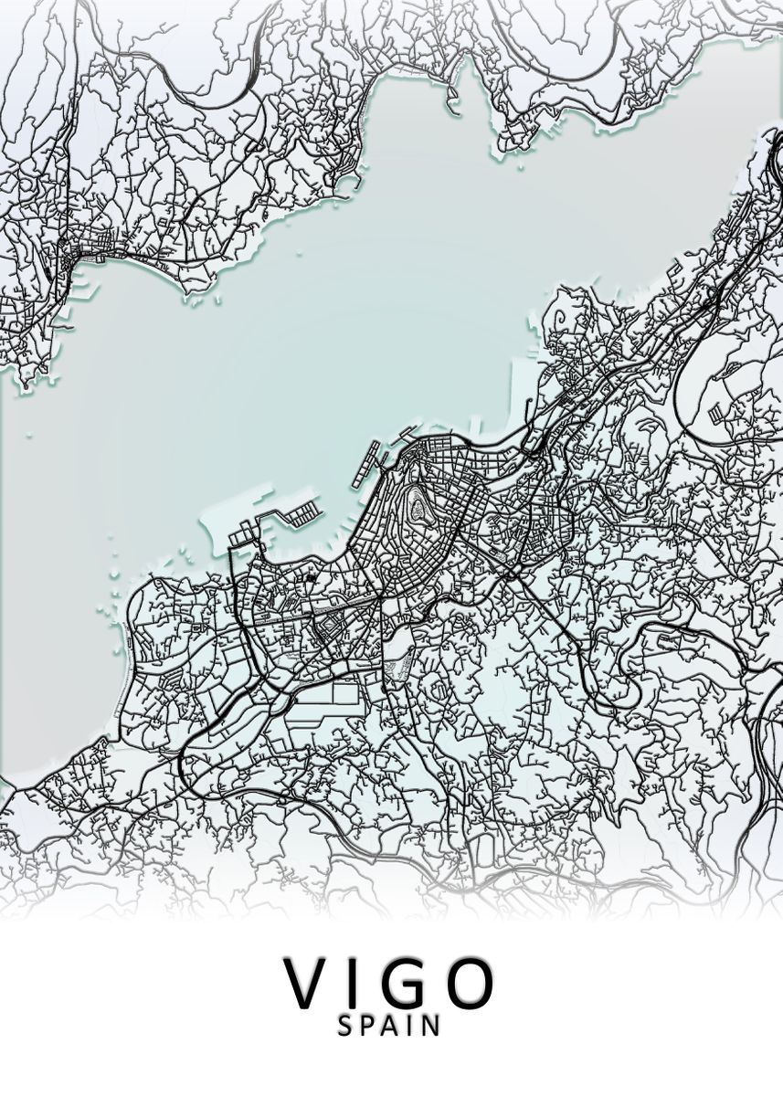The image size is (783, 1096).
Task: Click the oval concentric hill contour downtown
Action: coord(418,506)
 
